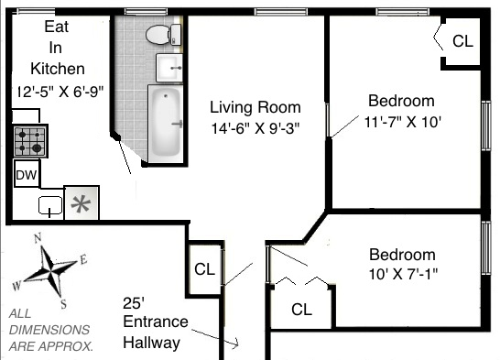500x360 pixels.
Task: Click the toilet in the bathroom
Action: click(x=163, y=35)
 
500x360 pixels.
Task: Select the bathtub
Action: click(x=165, y=124)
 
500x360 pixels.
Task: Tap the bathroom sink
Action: click(x=169, y=68)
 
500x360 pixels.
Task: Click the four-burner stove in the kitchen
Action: click(x=30, y=141)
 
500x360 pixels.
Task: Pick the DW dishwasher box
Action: click(x=27, y=174)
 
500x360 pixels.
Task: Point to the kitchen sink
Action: click(x=50, y=206)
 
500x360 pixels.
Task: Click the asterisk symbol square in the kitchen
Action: click(x=82, y=202)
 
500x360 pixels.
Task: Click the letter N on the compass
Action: click(x=38, y=238)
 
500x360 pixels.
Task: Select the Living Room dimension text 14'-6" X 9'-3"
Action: click(x=255, y=128)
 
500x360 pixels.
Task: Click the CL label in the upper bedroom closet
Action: click(x=462, y=41)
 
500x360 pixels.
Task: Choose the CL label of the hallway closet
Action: click(x=204, y=269)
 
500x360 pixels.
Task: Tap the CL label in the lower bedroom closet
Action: click(x=301, y=310)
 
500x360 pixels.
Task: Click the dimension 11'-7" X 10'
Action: click(x=402, y=122)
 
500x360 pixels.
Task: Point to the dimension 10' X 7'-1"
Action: click(x=403, y=274)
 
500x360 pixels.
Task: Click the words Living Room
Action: click(x=255, y=107)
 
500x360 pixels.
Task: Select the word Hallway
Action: click(x=151, y=344)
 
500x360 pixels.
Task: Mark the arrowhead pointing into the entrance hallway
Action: click(x=236, y=344)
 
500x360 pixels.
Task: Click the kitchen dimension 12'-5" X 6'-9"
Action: click(x=60, y=92)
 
